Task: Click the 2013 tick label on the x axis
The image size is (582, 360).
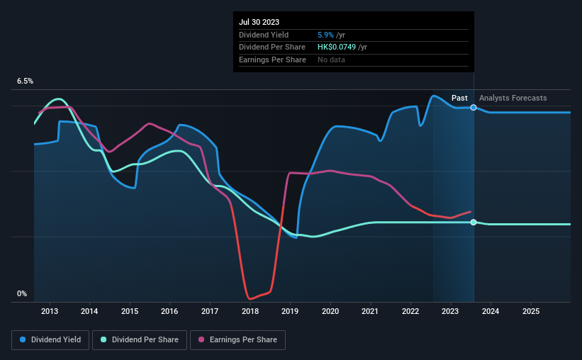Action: pyautogui.click(x=50, y=311)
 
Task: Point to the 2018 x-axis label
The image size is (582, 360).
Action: pyautogui.click(x=250, y=311)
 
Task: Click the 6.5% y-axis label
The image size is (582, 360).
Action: pyautogui.click(x=26, y=81)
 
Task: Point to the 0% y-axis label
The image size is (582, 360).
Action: pyautogui.click(x=22, y=293)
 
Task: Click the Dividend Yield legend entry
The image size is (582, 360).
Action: pyautogui.click(x=50, y=340)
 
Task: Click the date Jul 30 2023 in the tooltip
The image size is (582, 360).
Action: pyautogui.click(x=259, y=22)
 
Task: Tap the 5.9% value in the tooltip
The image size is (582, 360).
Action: pyautogui.click(x=327, y=35)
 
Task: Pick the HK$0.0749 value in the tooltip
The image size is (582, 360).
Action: pyautogui.click(x=337, y=47)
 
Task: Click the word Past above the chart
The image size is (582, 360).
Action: pyautogui.click(x=459, y=98)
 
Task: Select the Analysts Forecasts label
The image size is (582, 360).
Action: pyautogui.click(x=513, y=98)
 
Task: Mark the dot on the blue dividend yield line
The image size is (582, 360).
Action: pyautogui.click(x=474, y=108)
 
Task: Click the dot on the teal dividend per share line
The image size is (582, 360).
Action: pyautogui.click(x=474, y=223)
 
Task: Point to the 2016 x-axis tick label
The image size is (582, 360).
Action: pyautogui.click(x=169, y=311)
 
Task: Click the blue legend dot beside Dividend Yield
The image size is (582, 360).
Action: pyautogui.click(x=23, y=340)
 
